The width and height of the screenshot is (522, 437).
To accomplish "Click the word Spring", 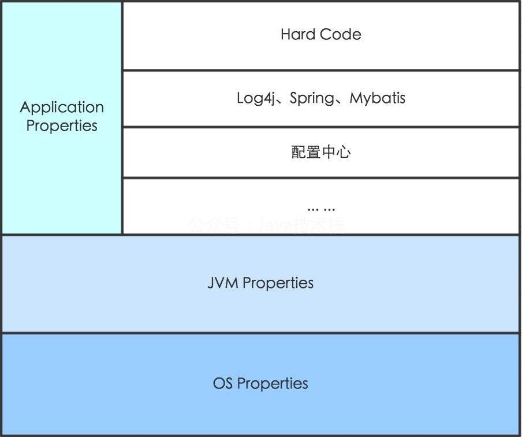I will [312, 98].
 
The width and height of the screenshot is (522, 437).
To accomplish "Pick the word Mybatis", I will [378, 98].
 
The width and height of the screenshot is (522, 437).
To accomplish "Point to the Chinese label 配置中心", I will [321, 153].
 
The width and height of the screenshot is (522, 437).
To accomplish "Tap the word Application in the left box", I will [62, 108].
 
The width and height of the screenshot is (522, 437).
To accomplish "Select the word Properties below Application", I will [62, 125].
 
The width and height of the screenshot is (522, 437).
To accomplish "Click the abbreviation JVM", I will [223, 283].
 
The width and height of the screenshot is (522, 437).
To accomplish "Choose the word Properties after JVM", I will [278, 283].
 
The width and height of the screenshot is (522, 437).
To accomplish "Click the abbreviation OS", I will [223, 383].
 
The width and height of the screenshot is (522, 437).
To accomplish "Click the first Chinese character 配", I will [299, 153].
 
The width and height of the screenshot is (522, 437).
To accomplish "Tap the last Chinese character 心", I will [344, 153].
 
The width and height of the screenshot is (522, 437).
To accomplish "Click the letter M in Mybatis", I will [356, 98].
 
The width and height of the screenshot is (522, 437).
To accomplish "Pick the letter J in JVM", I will [211, 283].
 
